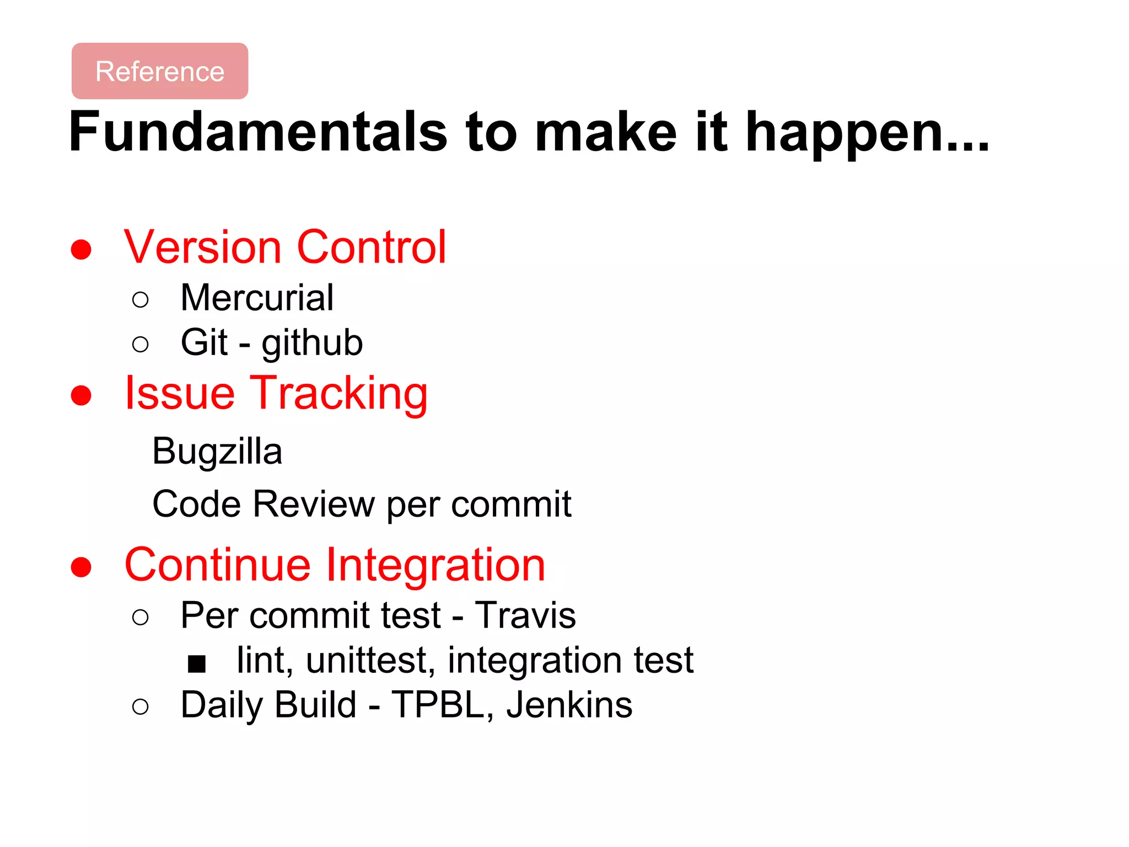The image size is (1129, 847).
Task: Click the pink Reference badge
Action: point(160,71)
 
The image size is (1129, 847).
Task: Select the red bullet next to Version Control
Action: point(81,249)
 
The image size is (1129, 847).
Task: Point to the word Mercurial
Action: point(257,298)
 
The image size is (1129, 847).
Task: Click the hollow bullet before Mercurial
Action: point(141,300)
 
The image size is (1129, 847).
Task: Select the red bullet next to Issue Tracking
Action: point(81,395)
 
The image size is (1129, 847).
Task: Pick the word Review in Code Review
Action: point(314,504)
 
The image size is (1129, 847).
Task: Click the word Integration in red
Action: point(436,565)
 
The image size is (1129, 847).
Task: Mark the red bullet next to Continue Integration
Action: point(81,567)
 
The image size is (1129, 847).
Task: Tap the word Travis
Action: point(525,615)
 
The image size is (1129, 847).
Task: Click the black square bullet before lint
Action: point(196,663)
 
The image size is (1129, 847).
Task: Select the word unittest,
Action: point(368,661)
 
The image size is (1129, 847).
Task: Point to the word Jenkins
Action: point(569,705)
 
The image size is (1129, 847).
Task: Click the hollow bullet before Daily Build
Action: point(141,707)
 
